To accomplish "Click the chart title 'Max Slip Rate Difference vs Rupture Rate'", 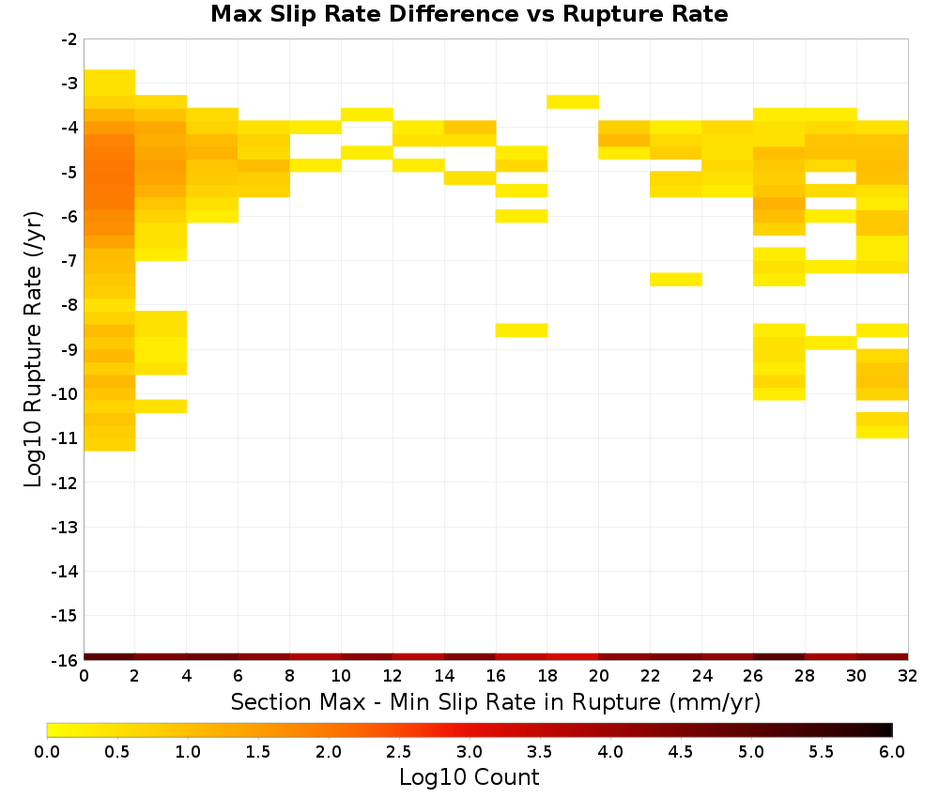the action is click(x=469, y=14).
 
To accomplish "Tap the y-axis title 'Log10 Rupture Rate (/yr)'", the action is click(x=33, y=349).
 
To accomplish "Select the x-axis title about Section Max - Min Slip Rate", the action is click(x=495, y=701).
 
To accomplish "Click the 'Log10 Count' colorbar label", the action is click(x=469, y=777).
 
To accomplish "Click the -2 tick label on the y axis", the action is click(x=69, y=39).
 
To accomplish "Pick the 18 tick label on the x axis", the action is click(x=546, y=676).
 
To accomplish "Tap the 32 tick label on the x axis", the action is click(x=907, y=676).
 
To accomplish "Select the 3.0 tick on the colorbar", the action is click(x=469, y=752).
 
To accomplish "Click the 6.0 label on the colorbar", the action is click(x=892, y=752).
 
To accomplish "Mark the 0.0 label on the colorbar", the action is click(x=47, y=752).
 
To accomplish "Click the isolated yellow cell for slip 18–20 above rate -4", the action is click(x=573, y=101).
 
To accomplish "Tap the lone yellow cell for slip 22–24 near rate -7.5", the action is click(x=676, y=280).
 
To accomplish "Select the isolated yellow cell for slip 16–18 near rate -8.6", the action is click(x=521, y=330).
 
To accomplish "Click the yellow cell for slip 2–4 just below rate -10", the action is click(x=162, y=406).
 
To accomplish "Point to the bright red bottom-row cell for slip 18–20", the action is click(x=573, y=657).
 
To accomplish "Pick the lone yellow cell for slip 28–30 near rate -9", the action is click(x=831, y=343).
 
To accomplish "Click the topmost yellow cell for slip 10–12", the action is click(x=367, y=115).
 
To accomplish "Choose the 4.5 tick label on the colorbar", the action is click(x=680, y=752).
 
